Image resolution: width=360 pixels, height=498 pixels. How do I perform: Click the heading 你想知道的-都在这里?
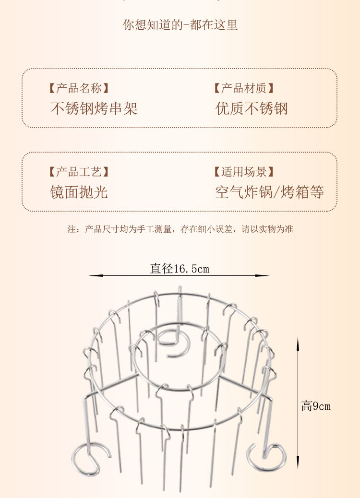pos(180,25)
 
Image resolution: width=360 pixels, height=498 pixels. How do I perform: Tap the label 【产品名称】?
pos(79,88)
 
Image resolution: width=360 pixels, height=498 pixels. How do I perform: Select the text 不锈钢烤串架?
pos(94,108)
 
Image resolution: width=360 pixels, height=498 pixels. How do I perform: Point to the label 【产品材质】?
pos(244,88)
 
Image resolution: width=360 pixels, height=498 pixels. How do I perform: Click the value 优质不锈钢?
pos(252,108)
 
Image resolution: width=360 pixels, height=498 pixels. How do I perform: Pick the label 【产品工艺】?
pos(79,172)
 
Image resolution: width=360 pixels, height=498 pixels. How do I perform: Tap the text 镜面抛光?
pos(79,192)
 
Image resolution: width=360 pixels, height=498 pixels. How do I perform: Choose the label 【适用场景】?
pos(244,172)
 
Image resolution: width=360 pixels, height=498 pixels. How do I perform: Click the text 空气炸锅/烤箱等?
pos(269,192)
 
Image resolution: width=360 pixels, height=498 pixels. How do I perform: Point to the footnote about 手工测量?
pos(180,229)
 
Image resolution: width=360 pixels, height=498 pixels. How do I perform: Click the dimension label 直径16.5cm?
pos(180,269)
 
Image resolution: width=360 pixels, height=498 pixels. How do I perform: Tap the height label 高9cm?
pos(316,406)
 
